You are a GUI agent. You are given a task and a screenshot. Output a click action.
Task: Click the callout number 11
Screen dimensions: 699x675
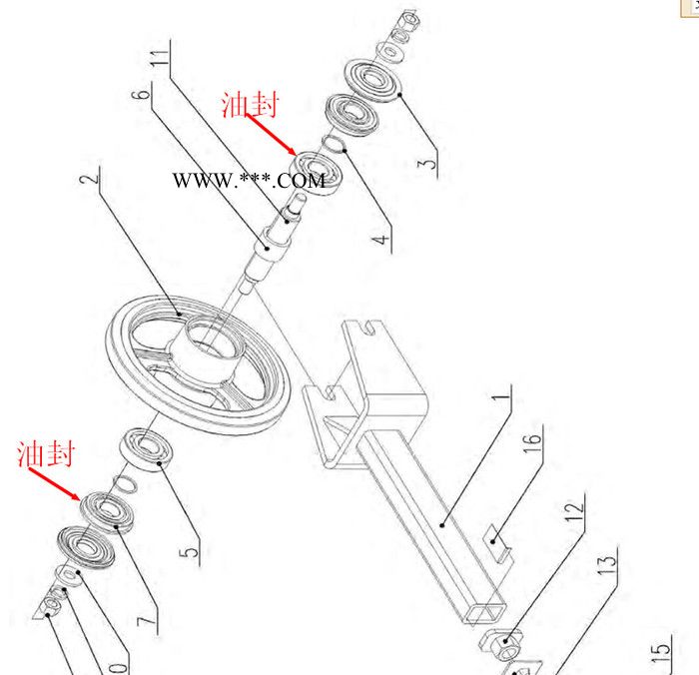click(x=159, y=58)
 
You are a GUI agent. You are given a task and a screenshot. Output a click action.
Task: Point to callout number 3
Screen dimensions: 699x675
click(x=427, y=163)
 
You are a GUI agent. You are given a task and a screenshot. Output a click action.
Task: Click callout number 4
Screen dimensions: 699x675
click(x=381, y=240)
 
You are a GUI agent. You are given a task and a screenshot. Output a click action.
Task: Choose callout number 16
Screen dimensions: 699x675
click(x=532, y=438)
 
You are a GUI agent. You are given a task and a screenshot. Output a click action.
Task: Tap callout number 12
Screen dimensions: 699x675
click(x=574, y=508)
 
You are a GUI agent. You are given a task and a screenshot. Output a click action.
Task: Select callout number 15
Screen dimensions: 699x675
click(x=660, y=652)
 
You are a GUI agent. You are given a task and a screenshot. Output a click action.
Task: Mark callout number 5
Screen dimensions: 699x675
click(x=189, y=553)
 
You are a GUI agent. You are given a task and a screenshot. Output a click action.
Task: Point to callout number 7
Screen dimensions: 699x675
click(x=147, y=621)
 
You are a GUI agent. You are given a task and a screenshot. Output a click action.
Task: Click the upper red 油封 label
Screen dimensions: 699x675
click(x=250, y=105)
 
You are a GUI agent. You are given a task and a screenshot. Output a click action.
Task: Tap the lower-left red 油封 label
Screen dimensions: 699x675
click(x=45, y=454)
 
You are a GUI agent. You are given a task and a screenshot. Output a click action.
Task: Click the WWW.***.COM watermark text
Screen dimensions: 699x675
click(x=249, y=180)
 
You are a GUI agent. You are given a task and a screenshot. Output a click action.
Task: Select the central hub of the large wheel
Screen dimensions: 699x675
click(x=206, y=347)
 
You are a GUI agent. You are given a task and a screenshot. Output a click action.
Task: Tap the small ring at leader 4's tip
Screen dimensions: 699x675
click(x=334, y=144)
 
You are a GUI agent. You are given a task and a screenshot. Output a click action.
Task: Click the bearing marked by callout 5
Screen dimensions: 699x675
click(x=147, y=449)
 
